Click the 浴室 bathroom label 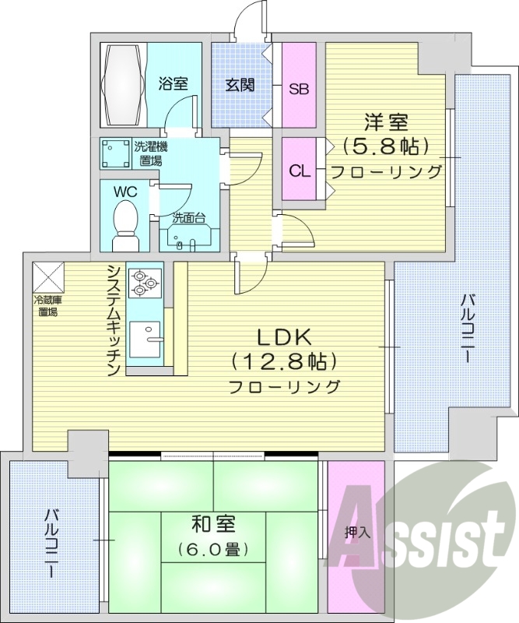173,84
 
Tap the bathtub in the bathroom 121,84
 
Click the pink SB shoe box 299,87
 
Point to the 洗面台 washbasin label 188,219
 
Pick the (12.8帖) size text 283,361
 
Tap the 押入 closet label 356,534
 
